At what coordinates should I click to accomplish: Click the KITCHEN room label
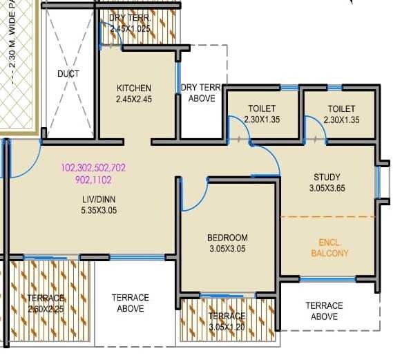(x=134, y=88)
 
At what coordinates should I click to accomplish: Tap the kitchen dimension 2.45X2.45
(x=134, y=99)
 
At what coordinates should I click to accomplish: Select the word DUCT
(x=68, y=73)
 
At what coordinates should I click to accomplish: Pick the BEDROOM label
(x=227, y=238)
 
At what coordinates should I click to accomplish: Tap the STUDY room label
(x=327, y=177)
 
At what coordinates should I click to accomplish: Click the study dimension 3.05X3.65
(x=327, y=188)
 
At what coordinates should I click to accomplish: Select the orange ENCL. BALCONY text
(x=334, y=248)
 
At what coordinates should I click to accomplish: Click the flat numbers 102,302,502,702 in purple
(x=93, y=168)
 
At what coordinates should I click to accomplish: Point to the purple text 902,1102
(x=93, y=180)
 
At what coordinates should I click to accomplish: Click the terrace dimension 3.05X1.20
(x=227, y=327)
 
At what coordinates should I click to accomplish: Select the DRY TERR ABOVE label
(x=202, y=93)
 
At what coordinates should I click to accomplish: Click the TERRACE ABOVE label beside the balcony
(x=324, y=310)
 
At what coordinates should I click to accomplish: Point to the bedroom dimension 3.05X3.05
(x=227, y=249)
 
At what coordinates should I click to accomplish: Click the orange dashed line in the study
(x=327, y=217)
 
